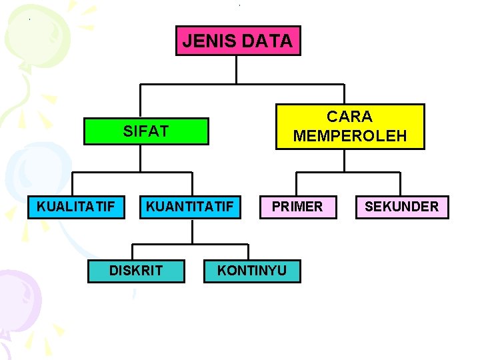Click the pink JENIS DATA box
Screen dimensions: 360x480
click(238, 41)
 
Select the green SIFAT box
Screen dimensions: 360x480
click(146, 131)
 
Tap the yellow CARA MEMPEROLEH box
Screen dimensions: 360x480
click(350, 127)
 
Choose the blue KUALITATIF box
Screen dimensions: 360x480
click(76, 207)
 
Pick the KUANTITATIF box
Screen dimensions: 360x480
click(190, 207)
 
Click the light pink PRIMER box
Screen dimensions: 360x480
click(297, 207)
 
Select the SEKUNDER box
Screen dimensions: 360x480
click(401, 207)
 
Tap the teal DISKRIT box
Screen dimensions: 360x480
click(136, 270)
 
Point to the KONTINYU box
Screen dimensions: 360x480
click(252, 270)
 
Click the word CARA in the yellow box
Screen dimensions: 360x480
click(350, 117)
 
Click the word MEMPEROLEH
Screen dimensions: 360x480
click(350, 136)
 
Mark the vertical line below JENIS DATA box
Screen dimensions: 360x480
click(237, 69)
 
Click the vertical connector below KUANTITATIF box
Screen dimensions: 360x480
click(192, 231)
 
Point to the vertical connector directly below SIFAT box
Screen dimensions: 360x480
click(141, 159)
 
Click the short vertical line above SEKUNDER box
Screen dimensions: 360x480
click(401, 185)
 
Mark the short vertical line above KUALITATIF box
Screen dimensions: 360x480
click(73, 185)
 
